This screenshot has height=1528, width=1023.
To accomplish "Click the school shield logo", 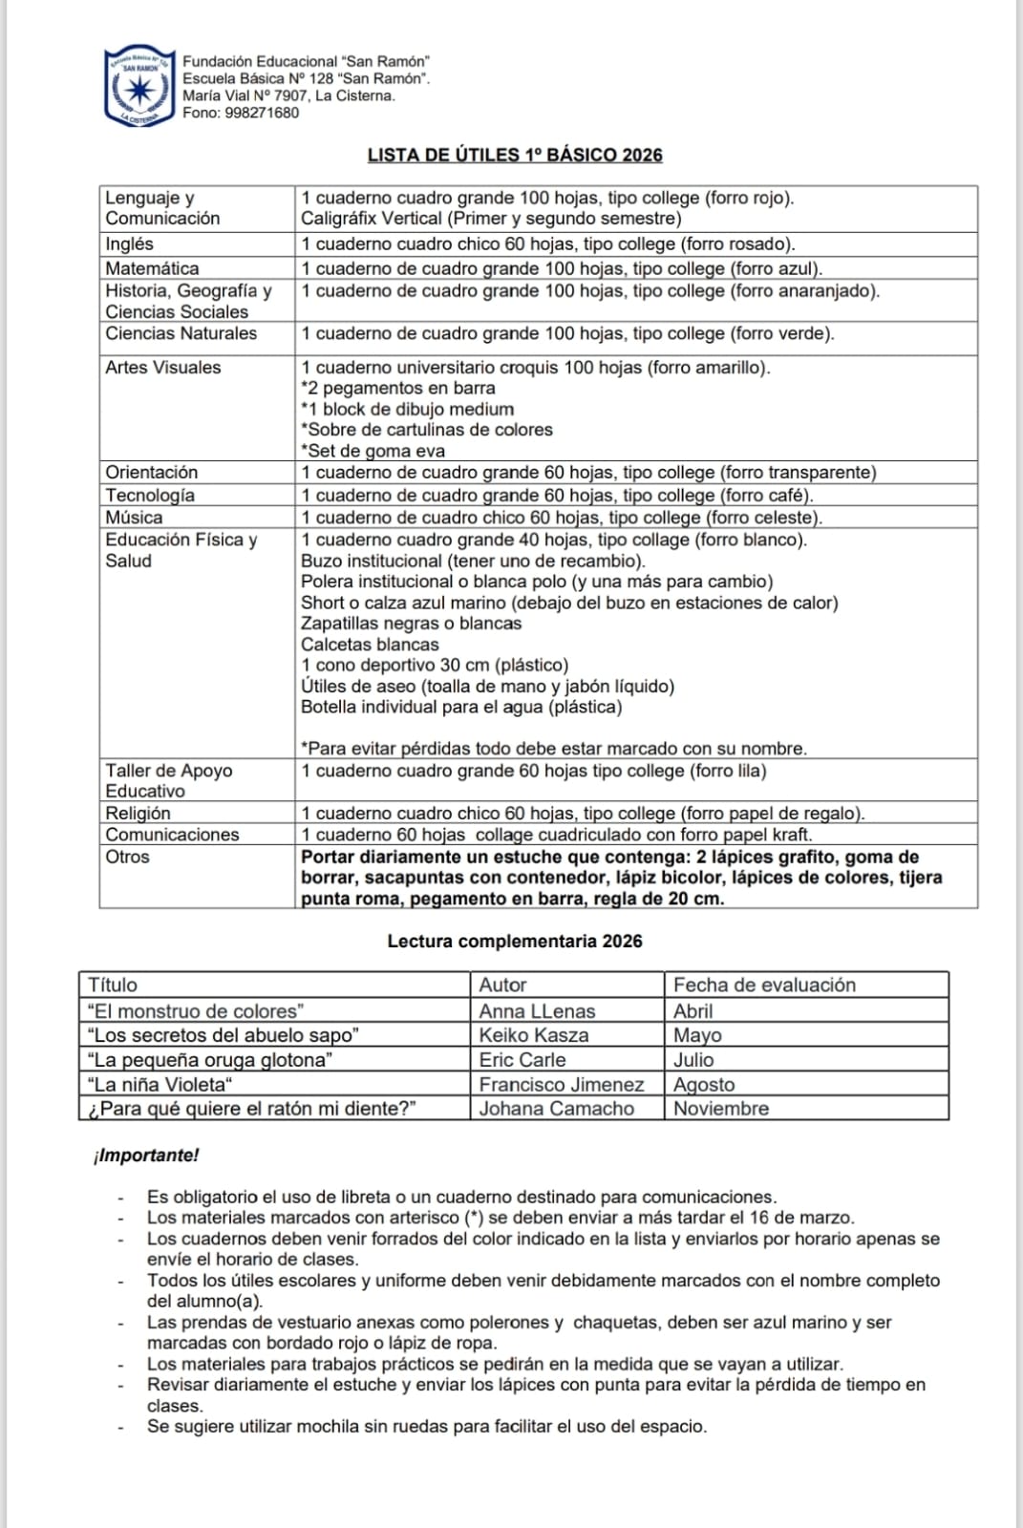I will click(x=139, y=87).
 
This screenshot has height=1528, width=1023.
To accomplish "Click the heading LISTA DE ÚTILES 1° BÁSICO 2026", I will click(x=515, y=156).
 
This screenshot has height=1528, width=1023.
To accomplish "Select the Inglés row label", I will click(x=130, y=244).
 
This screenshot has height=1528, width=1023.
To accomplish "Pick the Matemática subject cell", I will click(x=153, y=268).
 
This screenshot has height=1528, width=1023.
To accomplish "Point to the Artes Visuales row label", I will click(x=163, y=368).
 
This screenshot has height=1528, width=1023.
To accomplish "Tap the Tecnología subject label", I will click(x=150, y=496).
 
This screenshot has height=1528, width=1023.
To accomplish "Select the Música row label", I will click(x=134, y=518).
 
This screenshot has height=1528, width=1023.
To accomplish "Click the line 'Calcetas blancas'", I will click(x=370, y=645).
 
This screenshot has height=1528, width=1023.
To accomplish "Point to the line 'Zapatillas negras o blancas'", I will click(x=412, y=624).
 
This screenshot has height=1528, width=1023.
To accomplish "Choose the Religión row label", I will click(x=139, y=814).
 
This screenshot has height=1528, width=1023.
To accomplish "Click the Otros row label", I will click(x=128, y=857).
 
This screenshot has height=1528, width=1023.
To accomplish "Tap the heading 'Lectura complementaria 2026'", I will click(x=515, y=942).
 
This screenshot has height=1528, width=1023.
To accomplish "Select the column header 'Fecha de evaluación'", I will click(x=764, y=986).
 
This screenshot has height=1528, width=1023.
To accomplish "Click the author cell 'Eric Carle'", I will click(x=522, y=1060).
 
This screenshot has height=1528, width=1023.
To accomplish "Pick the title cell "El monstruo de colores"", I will click(x=196, y=1011).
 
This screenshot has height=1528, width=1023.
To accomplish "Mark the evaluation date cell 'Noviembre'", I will click(x=721, y=1109).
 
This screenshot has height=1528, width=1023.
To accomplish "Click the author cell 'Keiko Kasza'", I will click(x=534, y=1035).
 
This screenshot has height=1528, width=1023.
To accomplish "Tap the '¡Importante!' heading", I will click(x=146, y=1156).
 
